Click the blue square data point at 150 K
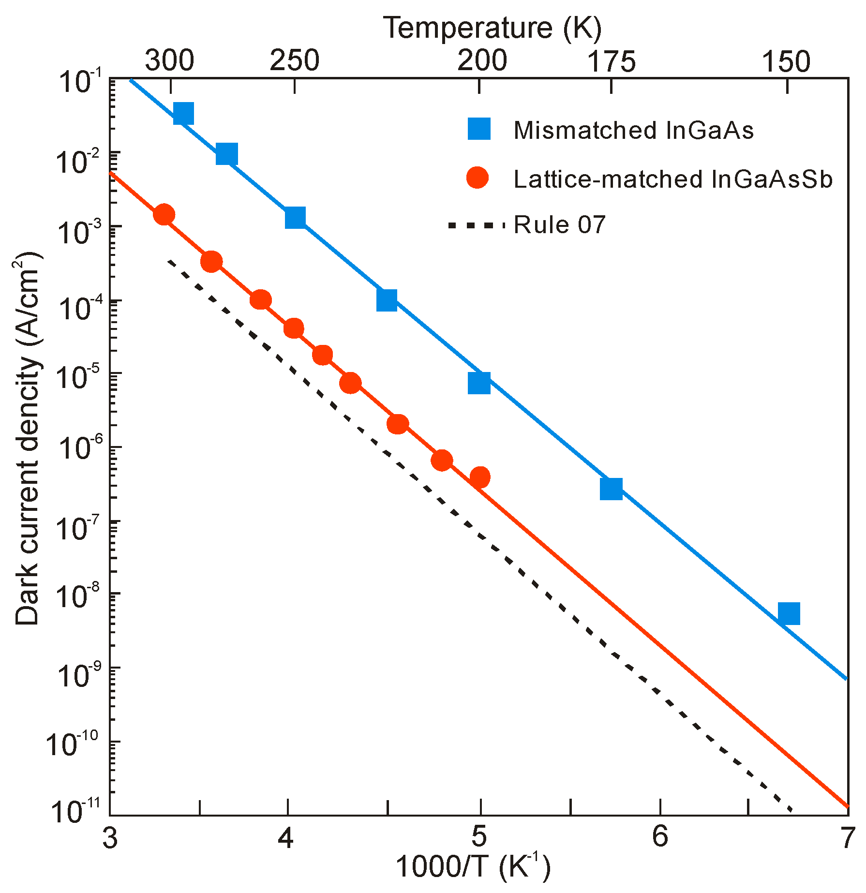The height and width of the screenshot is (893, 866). tap(789, 614)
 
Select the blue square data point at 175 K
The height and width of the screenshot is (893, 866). tap(611, 489)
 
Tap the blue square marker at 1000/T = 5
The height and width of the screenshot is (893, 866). tap(479, 383)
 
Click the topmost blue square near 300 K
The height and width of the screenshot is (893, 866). tap(183, 113)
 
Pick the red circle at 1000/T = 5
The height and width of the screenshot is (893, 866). tap(479, 477)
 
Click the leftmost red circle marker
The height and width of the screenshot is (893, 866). tap(164, 214)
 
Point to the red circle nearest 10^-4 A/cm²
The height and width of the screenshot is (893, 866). tap(260, 300)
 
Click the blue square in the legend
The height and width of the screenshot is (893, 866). tap(479, 129)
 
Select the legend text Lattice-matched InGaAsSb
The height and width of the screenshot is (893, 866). tap(672, 179)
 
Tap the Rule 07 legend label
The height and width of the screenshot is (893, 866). tap(559, 225)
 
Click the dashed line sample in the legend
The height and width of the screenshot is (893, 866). tap(477, 225)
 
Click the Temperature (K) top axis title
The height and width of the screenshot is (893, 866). tap(493, 28)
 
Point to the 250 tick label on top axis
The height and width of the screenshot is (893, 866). tap(294, 61)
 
